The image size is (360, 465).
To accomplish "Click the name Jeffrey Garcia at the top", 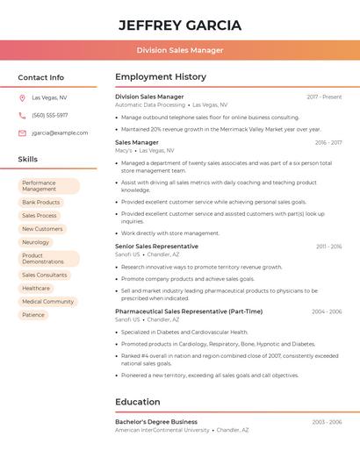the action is pos(180,25).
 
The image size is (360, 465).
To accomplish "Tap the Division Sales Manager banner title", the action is pos(180,50).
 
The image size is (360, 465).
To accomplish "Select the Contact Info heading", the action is pos(40,77).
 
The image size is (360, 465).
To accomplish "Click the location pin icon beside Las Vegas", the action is pos(22,98).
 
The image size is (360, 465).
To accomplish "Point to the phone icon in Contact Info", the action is pos(22,115).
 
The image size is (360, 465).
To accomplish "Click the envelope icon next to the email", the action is pos(22,133).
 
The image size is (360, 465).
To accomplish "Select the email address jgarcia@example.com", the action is pos(60,133).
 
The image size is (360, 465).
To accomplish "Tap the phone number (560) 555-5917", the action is pos(49,115).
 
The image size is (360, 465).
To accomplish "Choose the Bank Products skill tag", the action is pos(41,202).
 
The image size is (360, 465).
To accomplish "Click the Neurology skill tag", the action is pos(36,242).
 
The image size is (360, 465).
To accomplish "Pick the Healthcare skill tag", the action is pos(36,288).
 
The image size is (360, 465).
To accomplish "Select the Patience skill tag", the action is pos(33,315).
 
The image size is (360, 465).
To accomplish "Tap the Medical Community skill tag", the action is pos(47,301).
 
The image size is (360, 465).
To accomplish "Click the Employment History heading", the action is pos(161,77).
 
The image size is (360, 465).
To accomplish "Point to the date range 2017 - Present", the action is pos(324,97).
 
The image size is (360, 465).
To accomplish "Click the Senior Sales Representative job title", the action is pos(156,247).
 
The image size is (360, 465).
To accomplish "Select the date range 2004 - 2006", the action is pos(327,311).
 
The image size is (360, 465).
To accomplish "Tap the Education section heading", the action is pos(138,402).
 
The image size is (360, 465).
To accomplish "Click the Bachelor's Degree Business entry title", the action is pos(156,422).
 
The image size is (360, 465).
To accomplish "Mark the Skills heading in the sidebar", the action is pos(27,160).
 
